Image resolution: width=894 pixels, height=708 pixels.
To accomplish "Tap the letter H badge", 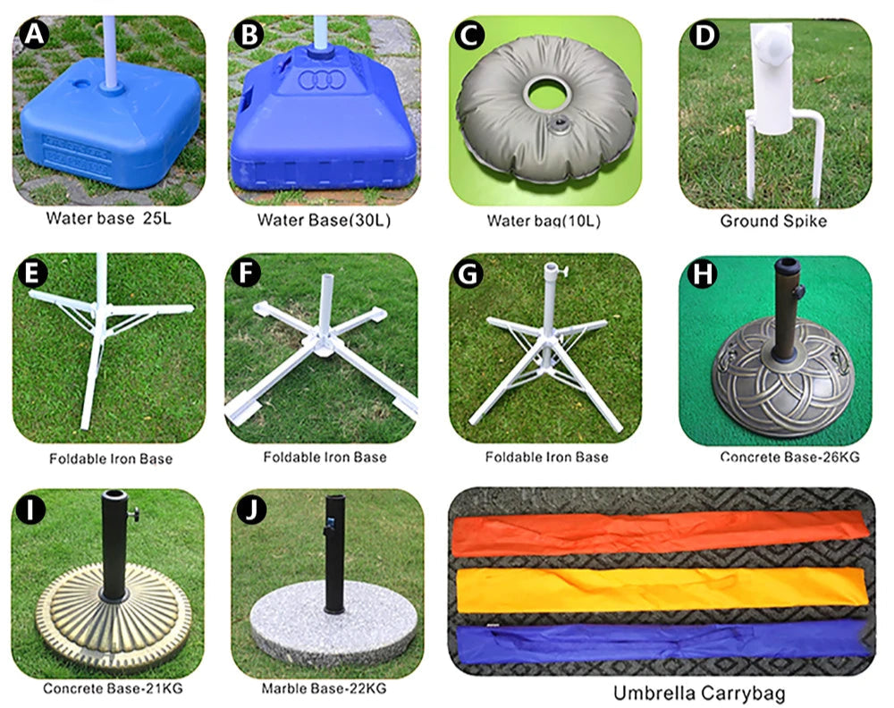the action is [703, 274].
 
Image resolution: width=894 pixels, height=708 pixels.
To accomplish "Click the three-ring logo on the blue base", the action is [322, 80].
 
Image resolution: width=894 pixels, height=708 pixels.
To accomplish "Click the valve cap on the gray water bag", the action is [561, 123].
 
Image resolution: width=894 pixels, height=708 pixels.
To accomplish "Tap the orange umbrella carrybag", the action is [661, 533].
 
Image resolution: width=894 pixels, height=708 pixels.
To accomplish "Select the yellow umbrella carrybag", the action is [662, 589].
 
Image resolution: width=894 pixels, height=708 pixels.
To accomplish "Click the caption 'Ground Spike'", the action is [773, 221].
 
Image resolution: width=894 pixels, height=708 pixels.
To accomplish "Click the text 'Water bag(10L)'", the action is [544, 221].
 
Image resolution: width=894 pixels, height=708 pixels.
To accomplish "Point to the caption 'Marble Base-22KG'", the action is [324, 688].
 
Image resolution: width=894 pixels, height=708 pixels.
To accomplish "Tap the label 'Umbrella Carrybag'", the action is [699, 693].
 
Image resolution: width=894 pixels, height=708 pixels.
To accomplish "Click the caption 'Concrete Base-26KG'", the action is [789, 457].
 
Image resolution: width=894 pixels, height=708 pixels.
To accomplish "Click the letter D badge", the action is [704, 36].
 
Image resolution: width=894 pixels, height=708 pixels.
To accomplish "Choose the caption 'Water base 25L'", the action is [108, 218].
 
